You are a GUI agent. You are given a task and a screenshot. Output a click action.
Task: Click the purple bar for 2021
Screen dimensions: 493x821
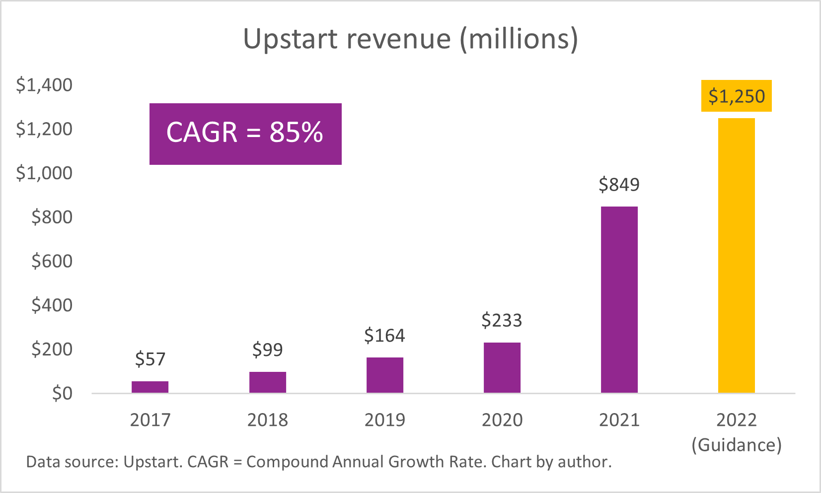tap(619, 299)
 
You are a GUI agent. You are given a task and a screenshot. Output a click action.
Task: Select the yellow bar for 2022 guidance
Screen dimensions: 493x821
tap(736, 256)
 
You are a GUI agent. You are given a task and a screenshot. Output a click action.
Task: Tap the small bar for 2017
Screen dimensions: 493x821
tap(150, 387)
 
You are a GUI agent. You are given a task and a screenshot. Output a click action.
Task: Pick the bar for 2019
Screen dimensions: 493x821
tap(384, 375)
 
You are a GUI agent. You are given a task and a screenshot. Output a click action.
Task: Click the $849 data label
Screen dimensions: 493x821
tap(619, 185)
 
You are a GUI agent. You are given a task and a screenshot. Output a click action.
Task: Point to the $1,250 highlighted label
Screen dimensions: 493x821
tap(736, 96)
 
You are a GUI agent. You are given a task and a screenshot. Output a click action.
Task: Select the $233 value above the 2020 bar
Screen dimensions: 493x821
tap(502, 320)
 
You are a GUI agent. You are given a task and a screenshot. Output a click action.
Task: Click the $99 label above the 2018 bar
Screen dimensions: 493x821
tap(267, 350)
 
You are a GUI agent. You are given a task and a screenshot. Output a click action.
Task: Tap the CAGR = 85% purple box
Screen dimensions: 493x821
tap(245, 134)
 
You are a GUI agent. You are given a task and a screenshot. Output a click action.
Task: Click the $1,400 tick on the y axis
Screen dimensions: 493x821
tap(44, 85)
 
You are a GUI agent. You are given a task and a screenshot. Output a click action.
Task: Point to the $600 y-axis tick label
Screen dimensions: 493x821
tap(52, 261)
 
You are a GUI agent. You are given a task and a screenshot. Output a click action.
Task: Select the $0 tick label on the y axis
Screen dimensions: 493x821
tap(62, 393)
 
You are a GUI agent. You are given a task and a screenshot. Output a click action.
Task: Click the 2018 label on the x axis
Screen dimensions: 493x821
tap(267, 420)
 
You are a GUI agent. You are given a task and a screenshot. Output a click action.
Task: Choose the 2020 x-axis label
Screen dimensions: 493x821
tap(502, 420)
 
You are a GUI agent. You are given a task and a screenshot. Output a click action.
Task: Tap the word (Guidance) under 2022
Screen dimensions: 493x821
tap(736, 444)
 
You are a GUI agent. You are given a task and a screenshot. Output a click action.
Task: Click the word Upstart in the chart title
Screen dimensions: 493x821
tap(291, 39)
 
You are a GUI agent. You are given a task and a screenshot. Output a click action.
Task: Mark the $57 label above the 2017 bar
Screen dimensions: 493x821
tap(150, 359)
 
